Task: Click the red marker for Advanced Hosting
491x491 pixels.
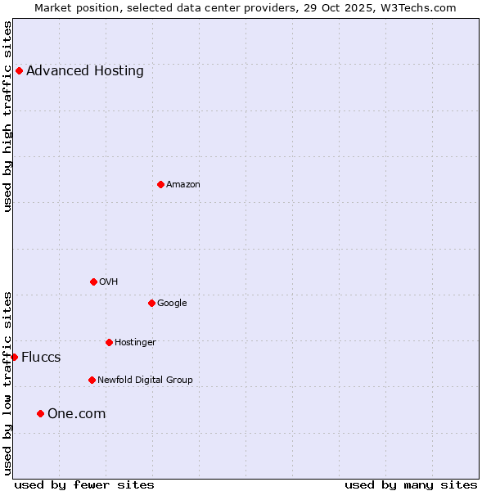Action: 19,70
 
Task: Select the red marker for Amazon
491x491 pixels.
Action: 160,184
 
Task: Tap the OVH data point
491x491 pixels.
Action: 93,282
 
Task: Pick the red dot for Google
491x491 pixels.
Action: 151,303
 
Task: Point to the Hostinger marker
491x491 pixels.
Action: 109,342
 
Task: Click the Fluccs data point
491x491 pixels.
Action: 14,357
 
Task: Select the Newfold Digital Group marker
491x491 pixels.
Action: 92,380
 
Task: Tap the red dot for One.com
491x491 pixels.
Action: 40,413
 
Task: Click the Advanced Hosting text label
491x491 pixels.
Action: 85,70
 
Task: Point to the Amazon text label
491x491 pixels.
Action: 183,184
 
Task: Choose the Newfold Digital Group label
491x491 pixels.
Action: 145,380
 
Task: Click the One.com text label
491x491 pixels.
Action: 77,413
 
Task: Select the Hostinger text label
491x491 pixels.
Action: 135,342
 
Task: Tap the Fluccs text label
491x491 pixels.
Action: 41,357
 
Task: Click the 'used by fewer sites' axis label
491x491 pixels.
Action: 84,484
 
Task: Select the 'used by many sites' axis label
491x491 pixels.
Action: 411,484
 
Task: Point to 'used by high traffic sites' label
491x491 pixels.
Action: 8,116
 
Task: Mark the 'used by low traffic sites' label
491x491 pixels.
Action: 8,383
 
